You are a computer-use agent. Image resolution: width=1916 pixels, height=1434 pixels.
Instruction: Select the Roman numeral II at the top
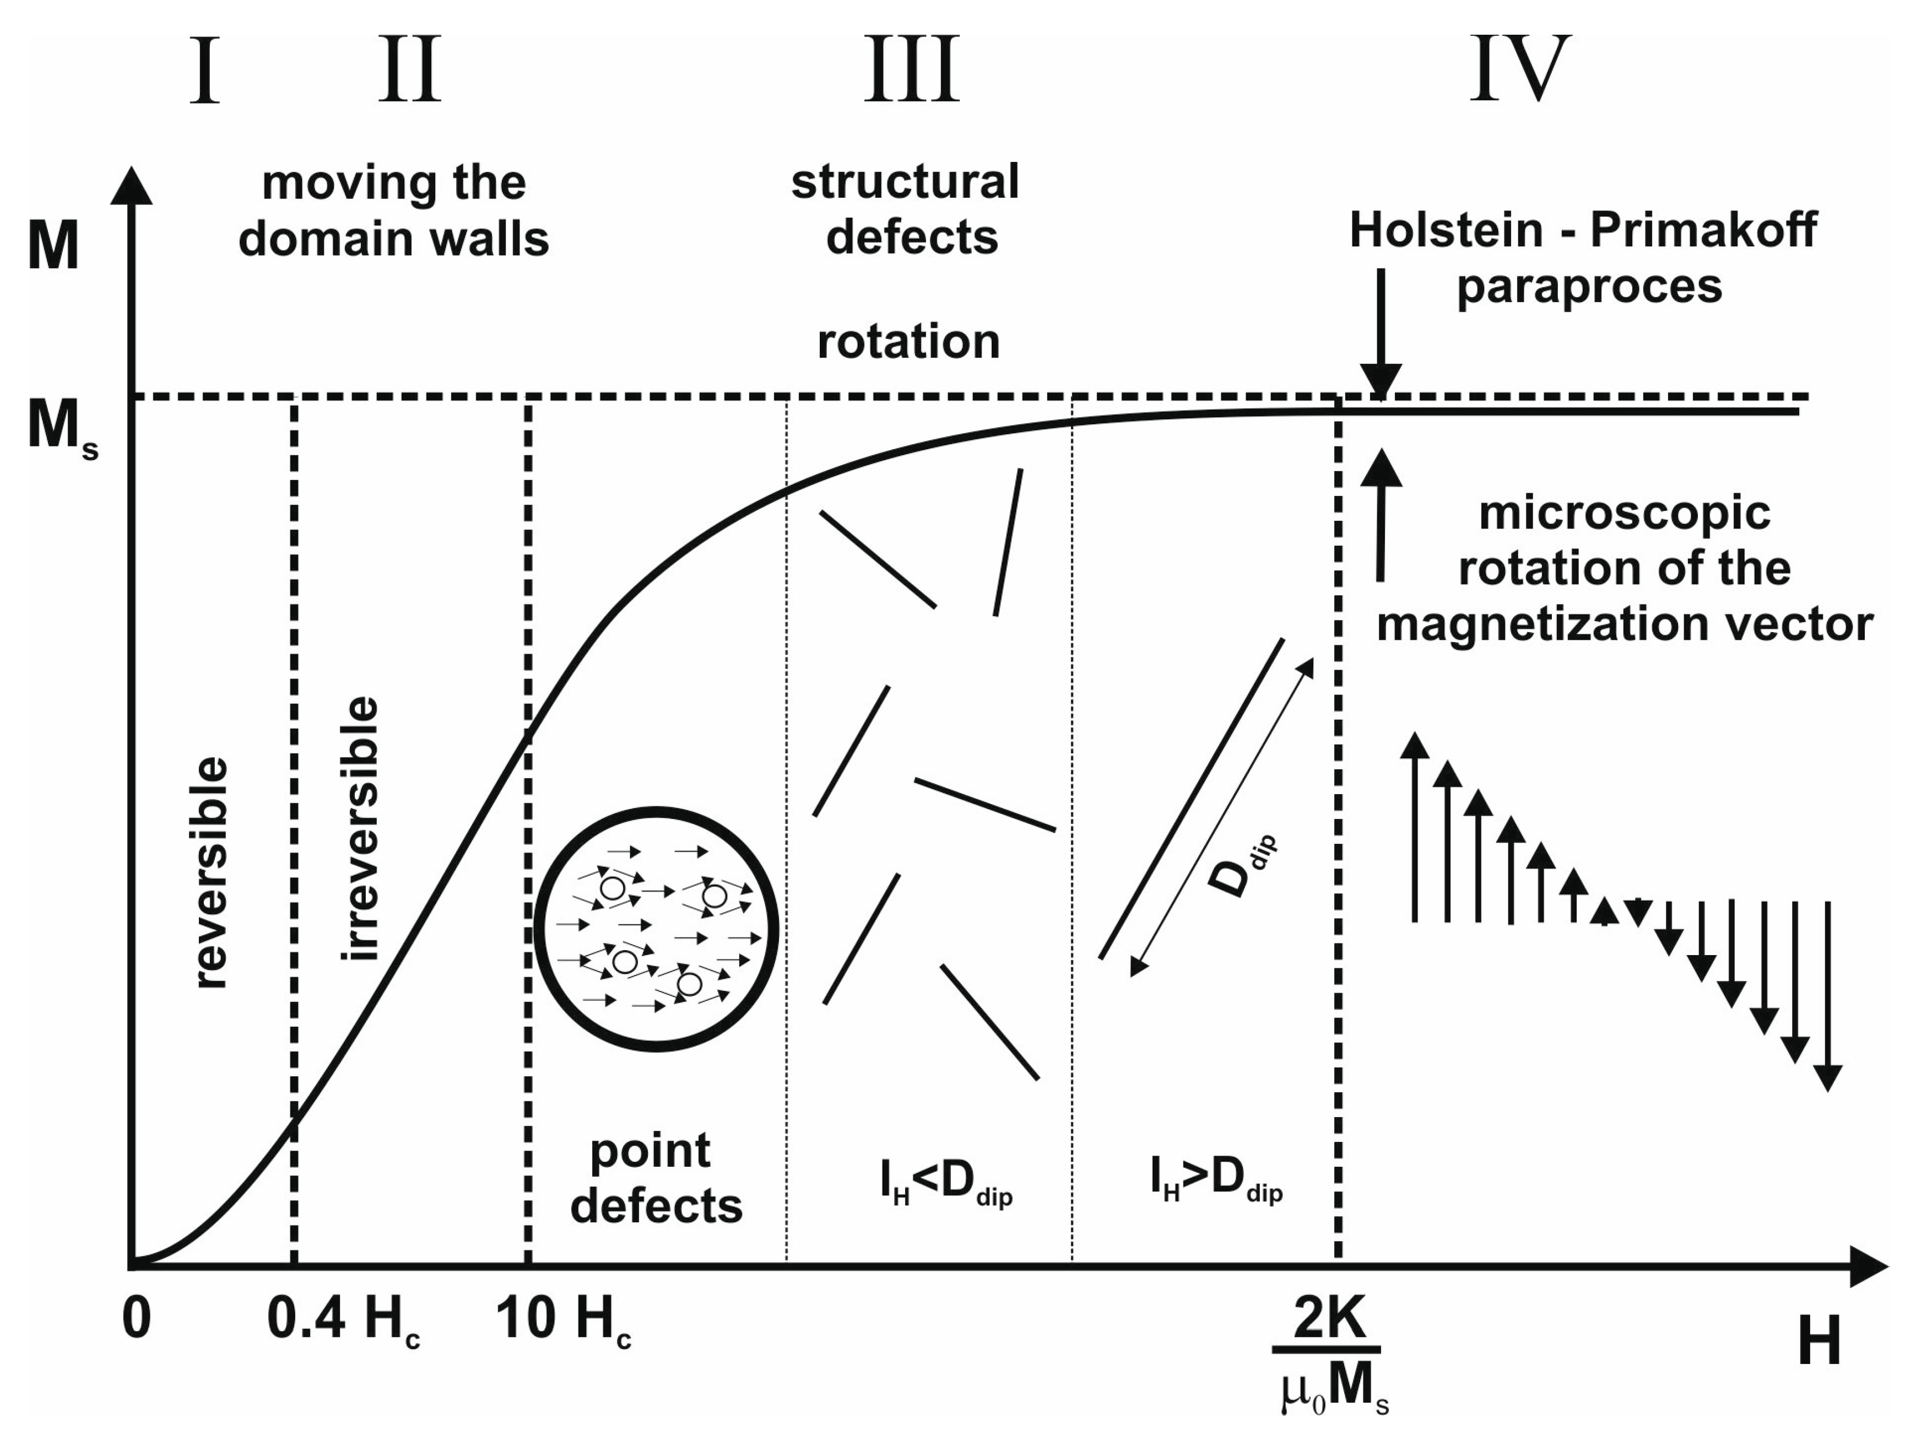[410, 71]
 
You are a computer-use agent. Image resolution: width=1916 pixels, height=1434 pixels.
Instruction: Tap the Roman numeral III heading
[912, 71]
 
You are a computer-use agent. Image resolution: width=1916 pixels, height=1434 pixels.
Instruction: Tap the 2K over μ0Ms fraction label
[1330, 1360]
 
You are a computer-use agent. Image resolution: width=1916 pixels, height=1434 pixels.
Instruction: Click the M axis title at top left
[53, 247]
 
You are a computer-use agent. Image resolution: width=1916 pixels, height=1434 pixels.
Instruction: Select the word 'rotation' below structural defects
[908, 341]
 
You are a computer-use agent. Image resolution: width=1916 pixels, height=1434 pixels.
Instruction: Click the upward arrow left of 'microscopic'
[1381, 515]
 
